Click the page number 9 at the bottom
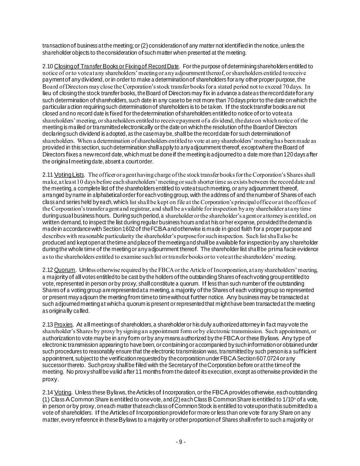point(181,442)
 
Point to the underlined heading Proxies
point(63,324)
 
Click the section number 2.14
point(47,393)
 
